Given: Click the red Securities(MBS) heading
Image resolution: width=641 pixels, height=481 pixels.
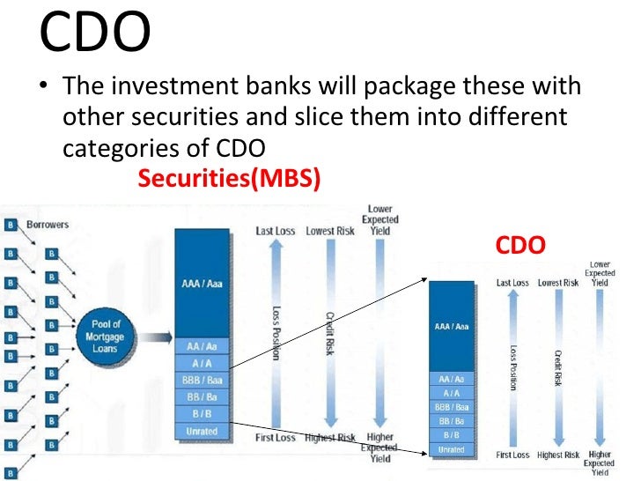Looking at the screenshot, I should tap(229, 179).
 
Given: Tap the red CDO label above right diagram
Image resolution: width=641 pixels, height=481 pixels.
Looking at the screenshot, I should tap(519, 244).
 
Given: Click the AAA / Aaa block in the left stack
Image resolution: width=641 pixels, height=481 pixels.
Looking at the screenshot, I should tap(202, 283).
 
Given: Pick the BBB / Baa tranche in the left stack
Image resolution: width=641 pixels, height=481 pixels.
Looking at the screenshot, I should tap(202, 380).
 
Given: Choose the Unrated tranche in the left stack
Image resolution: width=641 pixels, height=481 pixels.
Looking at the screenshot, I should tap(202, 431).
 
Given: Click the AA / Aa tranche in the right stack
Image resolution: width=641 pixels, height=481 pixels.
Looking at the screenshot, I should tap(451, 379).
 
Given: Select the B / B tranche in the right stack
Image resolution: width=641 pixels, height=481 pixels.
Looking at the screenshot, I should tap(451, 435).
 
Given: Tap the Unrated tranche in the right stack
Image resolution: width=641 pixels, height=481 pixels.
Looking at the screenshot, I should tap(451, 449).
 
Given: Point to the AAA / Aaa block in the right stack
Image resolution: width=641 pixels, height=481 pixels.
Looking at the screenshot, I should tap(451, 327).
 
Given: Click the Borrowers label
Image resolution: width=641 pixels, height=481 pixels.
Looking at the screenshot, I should tap(48, 225).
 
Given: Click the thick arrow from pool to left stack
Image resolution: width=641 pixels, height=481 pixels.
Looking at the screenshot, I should tap(154, 337).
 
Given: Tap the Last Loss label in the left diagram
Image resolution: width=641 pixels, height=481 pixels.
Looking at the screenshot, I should tap(276, 231).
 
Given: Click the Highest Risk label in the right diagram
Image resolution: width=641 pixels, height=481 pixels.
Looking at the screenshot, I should tap(558, 455).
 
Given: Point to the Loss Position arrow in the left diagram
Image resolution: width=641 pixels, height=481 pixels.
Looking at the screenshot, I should tap(276, 335).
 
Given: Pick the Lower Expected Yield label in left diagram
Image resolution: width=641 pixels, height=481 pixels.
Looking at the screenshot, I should tap(380, 219).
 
